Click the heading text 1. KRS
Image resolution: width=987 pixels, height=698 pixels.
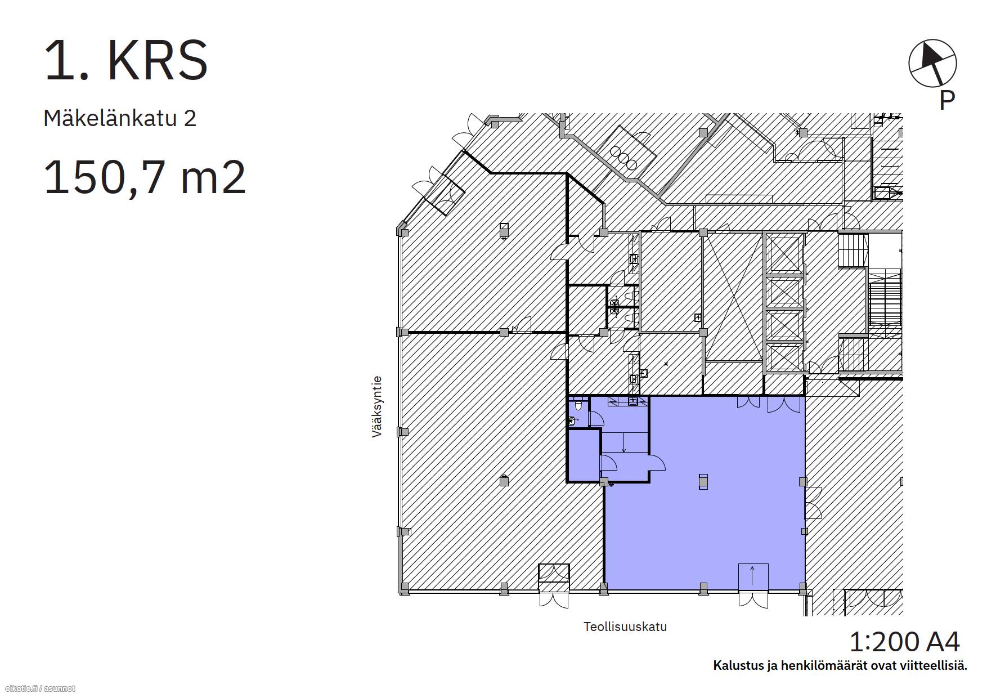point(126,61)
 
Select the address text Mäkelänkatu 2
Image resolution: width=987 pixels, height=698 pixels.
point(120,118)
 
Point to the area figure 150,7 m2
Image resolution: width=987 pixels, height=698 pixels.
point(145,177)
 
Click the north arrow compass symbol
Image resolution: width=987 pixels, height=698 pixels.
point(932,63)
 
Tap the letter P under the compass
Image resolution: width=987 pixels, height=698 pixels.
point(947,100)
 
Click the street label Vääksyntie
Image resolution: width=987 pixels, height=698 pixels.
point(377,406)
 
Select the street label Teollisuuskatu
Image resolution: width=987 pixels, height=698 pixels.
point(625,627)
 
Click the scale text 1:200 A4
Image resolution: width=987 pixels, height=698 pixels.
point(904,641)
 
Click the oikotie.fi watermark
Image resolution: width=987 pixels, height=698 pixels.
point(39,688)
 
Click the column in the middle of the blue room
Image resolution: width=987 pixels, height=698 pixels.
point(703,481)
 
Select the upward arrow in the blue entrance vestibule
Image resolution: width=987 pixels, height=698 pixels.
point(752,576)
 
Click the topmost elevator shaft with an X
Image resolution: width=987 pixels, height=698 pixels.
point(784,254)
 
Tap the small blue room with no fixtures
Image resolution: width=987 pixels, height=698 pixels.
point(584,455)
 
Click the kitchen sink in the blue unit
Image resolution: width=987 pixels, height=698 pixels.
point(633,401)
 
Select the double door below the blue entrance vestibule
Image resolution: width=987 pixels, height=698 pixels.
point(753,599)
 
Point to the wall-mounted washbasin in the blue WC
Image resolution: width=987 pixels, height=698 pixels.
point(573,420)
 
